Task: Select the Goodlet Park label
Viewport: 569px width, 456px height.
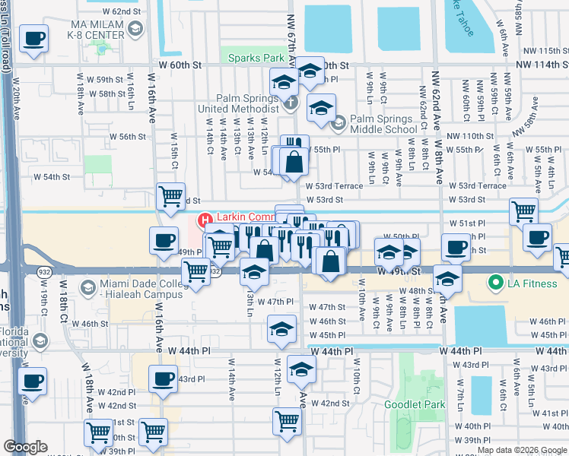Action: point(414,404)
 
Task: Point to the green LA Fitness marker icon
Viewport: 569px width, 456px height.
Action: point(495,284)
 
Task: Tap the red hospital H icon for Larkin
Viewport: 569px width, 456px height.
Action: point(204,220)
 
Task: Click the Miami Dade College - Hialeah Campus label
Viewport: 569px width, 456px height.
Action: point(144,290)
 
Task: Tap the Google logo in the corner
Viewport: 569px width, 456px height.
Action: point(25,447)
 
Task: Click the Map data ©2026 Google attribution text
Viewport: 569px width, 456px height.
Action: point(521,450)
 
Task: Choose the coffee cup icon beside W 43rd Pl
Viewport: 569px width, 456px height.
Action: point(162,379)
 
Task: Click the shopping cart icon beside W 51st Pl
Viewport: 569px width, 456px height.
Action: point(523,212)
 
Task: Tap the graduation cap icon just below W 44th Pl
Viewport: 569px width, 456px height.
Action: point(302,369)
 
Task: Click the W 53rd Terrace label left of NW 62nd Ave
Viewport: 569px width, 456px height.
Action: point(334,186)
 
